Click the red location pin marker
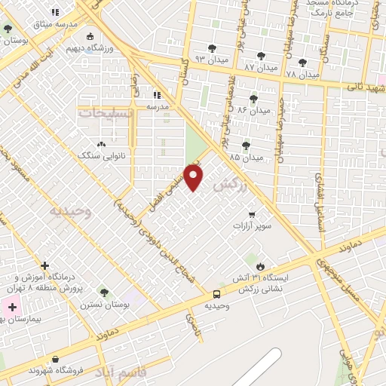click(194, 177)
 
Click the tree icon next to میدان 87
click(261, 56)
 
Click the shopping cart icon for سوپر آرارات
click(252, 214)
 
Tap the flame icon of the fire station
click(260, 267)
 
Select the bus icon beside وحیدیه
click(217, 294)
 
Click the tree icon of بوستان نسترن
click(104, 293)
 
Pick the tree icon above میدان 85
click(246, 146)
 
